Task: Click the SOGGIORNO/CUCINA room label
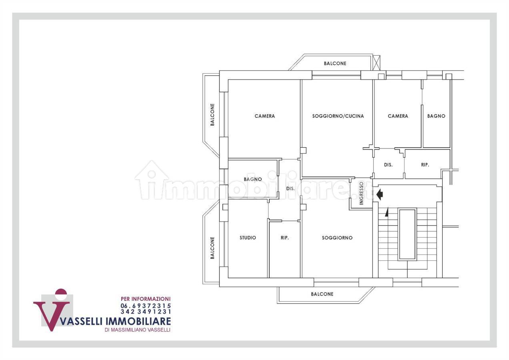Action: (x=338, y=116)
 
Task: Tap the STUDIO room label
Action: (x=248, y=238)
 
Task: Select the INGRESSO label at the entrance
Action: (x=361, y=194)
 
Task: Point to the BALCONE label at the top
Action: (x=335, y=63)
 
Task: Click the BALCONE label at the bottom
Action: (x=322, y=294)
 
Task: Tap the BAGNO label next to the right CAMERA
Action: (x=436, y=116)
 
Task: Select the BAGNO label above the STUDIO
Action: (x=252, y=179)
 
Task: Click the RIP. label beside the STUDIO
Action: (x=285, y=238)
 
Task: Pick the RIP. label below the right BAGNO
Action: (x=425, y=164)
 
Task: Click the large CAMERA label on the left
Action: (x=265, y=116)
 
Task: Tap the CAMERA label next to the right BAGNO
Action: (x=398, y=116)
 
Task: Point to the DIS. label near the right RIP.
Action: (x=388, y=164)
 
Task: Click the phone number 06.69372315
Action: (x=146, y=306)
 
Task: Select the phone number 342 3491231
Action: (x=146, y=311)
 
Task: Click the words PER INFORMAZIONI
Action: (x=146, y=299)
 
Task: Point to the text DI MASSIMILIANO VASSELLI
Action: (x=137, y=330)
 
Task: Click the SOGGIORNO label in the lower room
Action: (x=337, y=238)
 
